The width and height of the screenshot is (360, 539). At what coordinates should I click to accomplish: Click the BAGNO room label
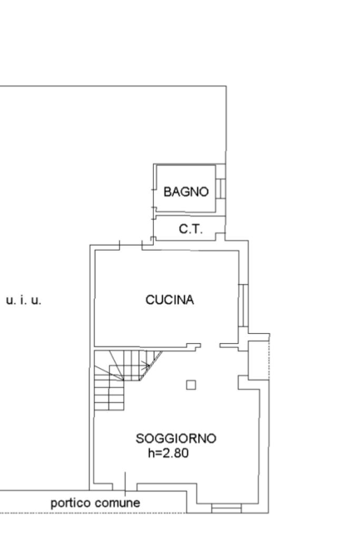pos(186,192)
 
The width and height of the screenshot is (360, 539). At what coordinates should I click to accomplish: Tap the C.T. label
pos(191,229)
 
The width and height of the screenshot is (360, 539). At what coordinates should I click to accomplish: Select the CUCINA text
pos(170,300)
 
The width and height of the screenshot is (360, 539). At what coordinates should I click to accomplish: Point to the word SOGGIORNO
pos(176,438)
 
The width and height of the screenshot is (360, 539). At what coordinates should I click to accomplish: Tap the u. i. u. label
pos(24,300)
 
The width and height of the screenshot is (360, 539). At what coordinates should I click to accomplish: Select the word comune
pos(118,503)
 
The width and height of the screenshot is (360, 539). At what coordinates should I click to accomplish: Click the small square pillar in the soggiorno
pos(191,385)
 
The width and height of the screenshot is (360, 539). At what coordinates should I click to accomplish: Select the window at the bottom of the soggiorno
pos(226,508)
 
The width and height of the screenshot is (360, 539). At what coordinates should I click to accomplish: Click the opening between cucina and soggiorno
pos(210,346)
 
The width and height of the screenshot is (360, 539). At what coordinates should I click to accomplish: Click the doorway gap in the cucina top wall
pos(131,247)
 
